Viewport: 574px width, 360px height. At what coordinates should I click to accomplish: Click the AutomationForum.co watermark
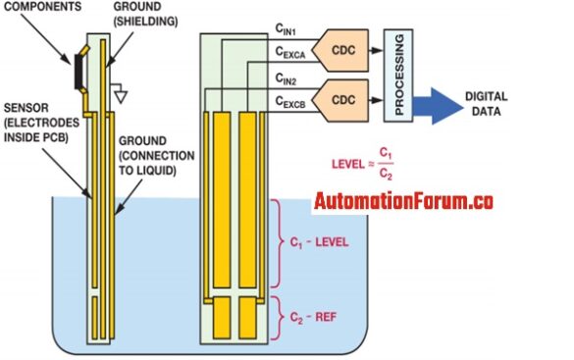tap(403, 203)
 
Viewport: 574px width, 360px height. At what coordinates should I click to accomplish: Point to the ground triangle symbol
tap(121, 97)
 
